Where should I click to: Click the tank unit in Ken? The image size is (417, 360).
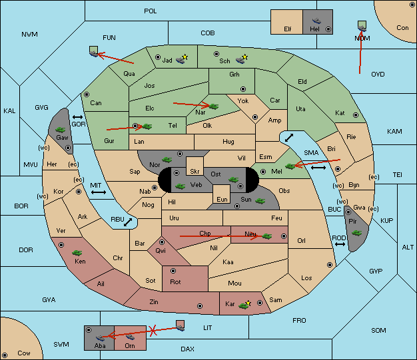(x=77, y=252)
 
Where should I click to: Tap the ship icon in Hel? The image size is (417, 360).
(x=316, y=21)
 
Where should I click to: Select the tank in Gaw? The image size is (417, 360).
(x=61, y=130)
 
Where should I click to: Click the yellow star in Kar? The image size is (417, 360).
(x=248, y=303)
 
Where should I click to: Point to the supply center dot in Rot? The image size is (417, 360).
(x=173, y=271)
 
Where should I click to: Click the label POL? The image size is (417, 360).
(x=151, y=11)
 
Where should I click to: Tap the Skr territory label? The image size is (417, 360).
(x=195, y=172)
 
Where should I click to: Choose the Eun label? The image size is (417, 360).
(x=222, y=199)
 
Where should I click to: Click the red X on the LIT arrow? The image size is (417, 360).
(x=153, y=331)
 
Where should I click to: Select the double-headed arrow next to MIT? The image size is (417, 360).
(x=99, y=192)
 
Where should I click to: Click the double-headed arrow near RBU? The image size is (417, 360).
(x=128, y=222)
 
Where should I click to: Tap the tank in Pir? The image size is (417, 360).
(x=356, y=233)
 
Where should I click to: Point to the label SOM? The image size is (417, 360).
(x=378, y=330)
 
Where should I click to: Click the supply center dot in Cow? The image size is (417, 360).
(x=5, y=355)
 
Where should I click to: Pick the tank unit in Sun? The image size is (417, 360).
(x=260, y=201)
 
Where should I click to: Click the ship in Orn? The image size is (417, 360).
(x=130, y=337)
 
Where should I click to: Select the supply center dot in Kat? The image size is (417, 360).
(x=356, y=115)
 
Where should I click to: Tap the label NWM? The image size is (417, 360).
(x=29, y=35)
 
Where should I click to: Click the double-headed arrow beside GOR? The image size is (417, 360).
(x=78, y=117)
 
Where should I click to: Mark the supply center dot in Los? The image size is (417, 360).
(x=330, y=265)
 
